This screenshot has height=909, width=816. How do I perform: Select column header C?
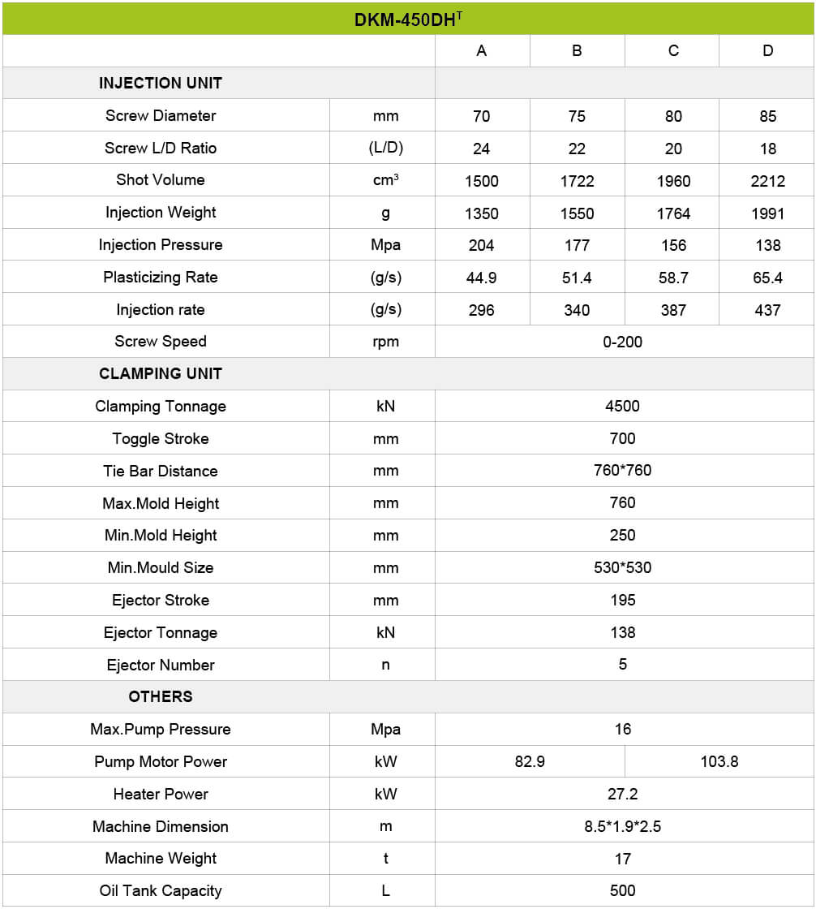click(x=673, y=51)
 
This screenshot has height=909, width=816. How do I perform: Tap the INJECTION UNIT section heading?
click(x=161, y=83)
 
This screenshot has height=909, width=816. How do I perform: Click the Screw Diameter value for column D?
click(x=767, y=116)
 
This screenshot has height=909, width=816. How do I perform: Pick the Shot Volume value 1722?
click(x=577, y=181)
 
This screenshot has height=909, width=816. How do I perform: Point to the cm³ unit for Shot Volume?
click(x=385, y=180)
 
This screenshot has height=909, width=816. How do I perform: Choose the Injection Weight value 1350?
click(x=482, y=213)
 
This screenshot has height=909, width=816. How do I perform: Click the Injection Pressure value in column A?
click(x=482, y=245)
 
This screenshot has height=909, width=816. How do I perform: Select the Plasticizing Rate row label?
click(x=161, y=278)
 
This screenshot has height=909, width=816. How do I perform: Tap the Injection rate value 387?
click(x=673, y=310)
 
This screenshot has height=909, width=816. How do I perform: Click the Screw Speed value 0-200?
click(x=623, y=342)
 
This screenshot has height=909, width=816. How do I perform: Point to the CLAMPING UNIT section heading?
click(x=161, y=374)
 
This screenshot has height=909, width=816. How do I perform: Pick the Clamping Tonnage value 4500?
click(x=623, y=407)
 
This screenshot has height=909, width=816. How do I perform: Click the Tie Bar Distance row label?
click(x=161, y=472)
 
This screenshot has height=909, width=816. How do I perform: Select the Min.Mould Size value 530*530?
click(x=623, y=568)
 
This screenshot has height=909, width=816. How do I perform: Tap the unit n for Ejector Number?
click(x=385, y=666)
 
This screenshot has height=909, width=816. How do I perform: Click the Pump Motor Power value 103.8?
click(x=719, y=762)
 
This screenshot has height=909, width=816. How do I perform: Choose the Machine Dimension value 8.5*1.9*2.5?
click(x=623, y=827)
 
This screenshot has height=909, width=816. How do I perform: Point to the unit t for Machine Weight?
click(x=385, y=859)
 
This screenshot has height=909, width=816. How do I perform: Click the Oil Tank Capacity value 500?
click(x=623, y=891)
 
